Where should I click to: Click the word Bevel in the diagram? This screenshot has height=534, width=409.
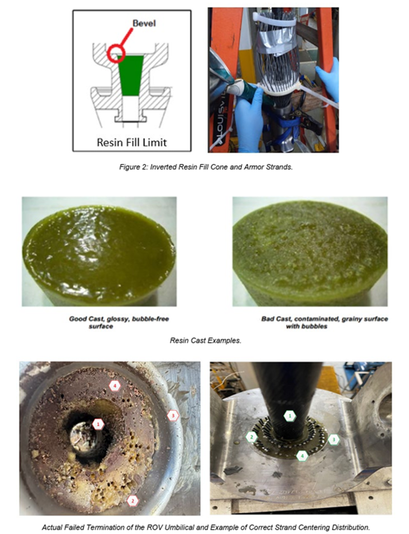click(x=144, y=23)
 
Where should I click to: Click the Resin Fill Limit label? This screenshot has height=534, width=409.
click(x=132, y=143)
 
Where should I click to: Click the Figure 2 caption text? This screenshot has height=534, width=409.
click(x=206, y=167)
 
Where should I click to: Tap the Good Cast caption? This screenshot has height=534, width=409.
click(x=119, y=323)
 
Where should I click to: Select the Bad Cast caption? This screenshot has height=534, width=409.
click(x=324, y=323)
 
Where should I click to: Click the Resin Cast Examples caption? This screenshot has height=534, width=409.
click(x=206, y=340)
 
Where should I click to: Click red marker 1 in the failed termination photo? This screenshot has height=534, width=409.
click(x=98, y=425)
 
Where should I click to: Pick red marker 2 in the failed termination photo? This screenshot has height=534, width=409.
click(x=133, y=499)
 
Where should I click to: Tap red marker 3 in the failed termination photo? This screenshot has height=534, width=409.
click(x=173, y=416)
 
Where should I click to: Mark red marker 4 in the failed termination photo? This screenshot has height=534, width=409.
click(x=115, y=386)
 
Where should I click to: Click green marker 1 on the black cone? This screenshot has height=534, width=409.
click(x=290, y=416)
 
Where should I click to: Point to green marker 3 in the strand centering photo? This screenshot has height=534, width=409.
click(x=334, y=440)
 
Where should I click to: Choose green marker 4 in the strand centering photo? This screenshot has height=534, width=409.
click(x=302, y=456)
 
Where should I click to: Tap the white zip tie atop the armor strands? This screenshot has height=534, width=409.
click(x=275, y=19)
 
